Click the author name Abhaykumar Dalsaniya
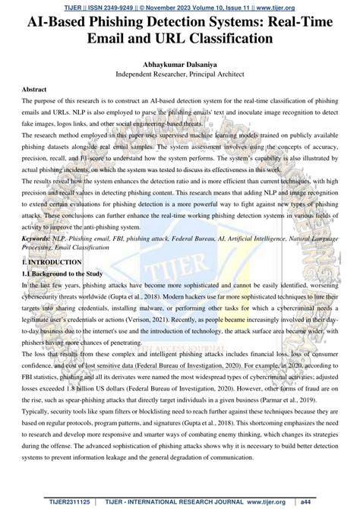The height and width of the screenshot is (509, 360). (x=180, y=65)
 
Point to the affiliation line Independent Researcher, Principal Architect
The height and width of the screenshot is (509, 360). (x=180, y=76)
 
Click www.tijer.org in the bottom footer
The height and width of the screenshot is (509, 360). (x=276, y=502)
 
